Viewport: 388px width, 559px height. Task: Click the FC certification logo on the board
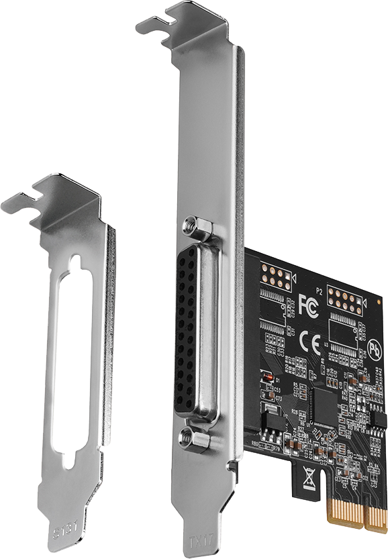(x=308, y=303)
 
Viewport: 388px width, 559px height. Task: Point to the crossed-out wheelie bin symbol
(x=309, y=477)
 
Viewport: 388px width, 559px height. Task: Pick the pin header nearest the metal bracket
(x=275, y=276)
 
